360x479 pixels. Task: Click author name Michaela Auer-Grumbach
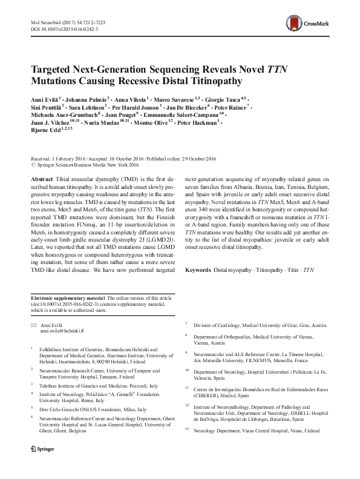63,113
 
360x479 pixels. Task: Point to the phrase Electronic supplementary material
67,299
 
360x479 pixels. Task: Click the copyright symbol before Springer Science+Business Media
32,163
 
